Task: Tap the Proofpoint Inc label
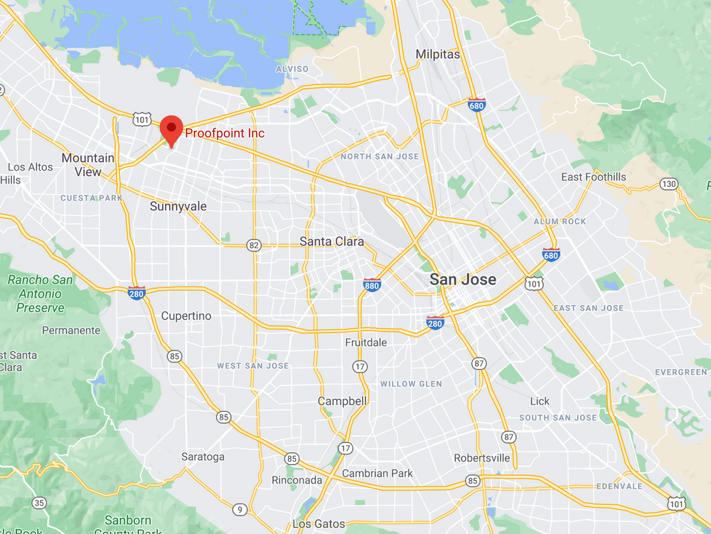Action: tap(225, 133)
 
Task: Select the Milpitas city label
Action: tap(437, 55)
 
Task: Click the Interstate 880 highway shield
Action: tap(371, 284)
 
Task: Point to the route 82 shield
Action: tap(254, 245)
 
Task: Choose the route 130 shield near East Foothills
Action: tap(668, 184)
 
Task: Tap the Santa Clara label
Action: tap(331, 241)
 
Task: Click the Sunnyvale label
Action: tap(178, 206)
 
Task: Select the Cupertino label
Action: tap(186, 316)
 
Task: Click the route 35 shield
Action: tap(39, 503)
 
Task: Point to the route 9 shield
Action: tap(240, 508)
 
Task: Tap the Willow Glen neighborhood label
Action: tap(411, 384)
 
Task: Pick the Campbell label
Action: tap(342, 401)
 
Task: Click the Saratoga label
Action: tap(203, 456)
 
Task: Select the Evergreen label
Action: tap(680, 372)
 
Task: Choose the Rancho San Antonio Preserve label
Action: tap(41, 294)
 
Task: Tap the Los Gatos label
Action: tap(319, 524)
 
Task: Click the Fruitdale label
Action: tap(366, 342)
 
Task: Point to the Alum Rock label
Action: tap(560, 221)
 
